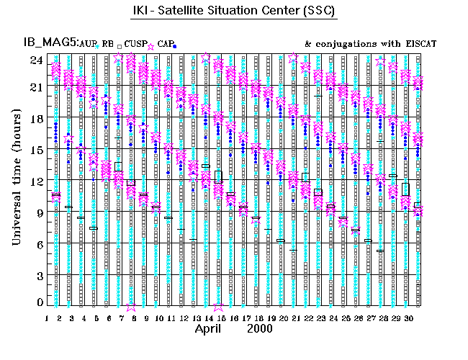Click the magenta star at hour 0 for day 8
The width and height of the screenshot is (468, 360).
tap(131, 306)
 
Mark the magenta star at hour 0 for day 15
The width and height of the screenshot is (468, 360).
tap(218, 306)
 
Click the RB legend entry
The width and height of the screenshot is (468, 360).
tap(107, 44)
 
